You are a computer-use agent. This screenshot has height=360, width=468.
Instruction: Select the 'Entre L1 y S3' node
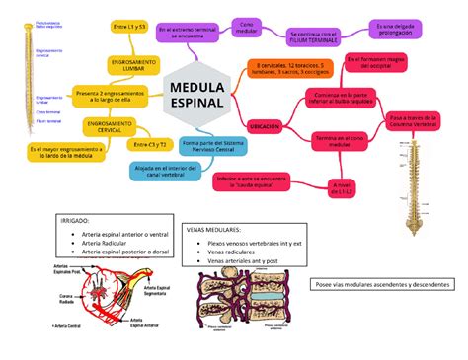tap(129, 27)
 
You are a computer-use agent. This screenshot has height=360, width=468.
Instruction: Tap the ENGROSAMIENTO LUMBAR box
tap(127, 66)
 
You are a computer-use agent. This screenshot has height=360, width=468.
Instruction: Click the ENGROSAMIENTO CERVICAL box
tap(110, 128)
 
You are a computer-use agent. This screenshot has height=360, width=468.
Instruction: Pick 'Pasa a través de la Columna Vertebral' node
tap(412, 119)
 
